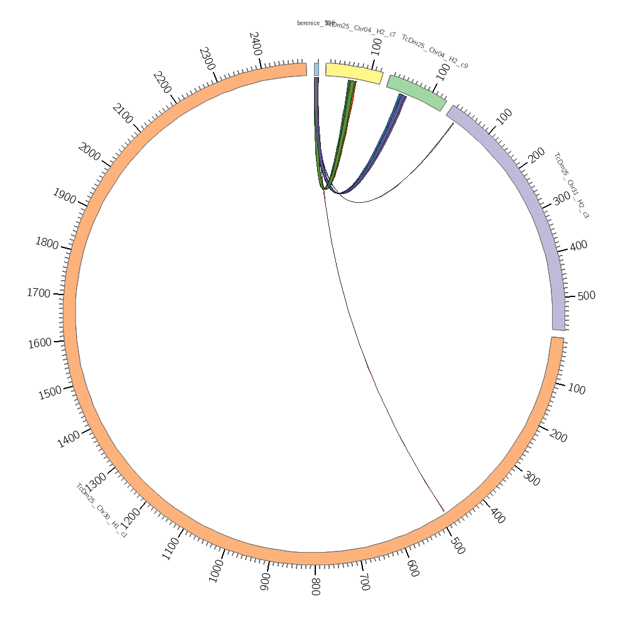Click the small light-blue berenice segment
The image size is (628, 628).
pyautogui.click(x=317, y=69)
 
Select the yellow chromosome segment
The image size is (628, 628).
pyautogui.click(x=354, y=73)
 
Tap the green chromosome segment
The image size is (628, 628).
pyautogui.click(x=416, y=92)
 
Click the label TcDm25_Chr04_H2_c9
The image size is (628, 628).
pyautogui.click(x=435, y=51)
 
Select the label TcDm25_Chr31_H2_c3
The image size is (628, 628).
pyautogui.click(x=571, y=185)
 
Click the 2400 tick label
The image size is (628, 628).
pyautogui.click(x=256, y=44)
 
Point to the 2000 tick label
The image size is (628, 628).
pyautogui.click(x=90, y=152)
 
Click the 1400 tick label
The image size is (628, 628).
pyautogui.click(x=68, y=439)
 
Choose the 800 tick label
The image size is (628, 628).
pyautogui.click(x=315, y=587)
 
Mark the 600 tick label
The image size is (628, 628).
pyautogui.click(x=413, y=568)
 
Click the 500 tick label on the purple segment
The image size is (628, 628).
pyautogui.click(x=586, y=296)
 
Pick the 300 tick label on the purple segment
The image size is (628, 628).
pyautogui.click(x=561, y=198)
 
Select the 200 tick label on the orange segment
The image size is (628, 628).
pyautogui.click(x=558, y=436)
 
